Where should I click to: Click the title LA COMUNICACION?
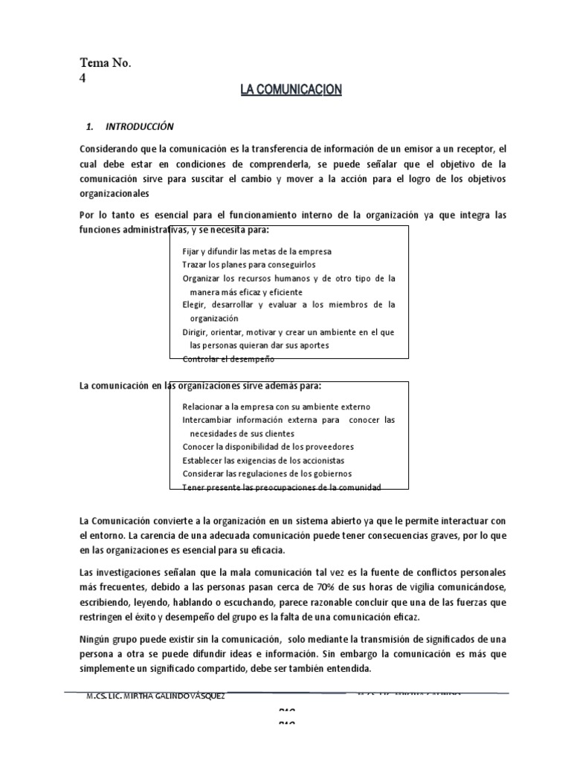(291, 90)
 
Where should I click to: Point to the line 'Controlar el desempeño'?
(228, 359)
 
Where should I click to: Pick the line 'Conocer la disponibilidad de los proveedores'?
(268, 447)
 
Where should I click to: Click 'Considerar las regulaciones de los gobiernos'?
(267, 473)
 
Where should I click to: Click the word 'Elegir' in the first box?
(195, 305)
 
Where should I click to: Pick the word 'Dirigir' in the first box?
(196, 331)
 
